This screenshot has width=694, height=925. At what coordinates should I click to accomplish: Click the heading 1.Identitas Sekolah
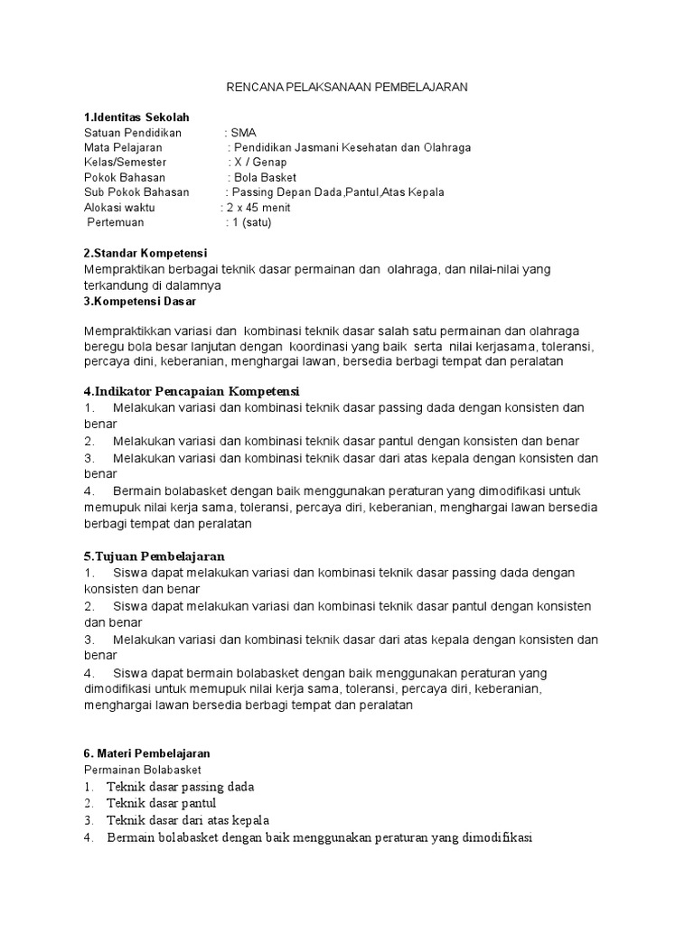tap(136, 117)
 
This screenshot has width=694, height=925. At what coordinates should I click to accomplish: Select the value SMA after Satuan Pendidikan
tap(244, 132)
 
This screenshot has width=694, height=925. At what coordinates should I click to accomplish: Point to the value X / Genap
tap(262, 163)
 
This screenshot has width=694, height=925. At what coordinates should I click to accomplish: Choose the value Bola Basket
tap(265, 177)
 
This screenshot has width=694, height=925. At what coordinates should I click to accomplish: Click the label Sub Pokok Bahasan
tap(136, 192)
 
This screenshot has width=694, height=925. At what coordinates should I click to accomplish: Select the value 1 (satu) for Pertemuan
tap(251, 222)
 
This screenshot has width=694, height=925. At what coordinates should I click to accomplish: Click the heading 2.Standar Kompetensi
tap(145, 254)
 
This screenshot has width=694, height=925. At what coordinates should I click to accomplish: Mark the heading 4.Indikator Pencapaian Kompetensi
tap(191, 391)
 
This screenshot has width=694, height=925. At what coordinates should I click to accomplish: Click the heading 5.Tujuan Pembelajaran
tap(154, 556)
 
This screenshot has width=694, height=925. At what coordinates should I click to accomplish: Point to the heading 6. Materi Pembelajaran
tap(146, 752)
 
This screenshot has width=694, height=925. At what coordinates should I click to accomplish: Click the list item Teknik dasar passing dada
tap(180, 787)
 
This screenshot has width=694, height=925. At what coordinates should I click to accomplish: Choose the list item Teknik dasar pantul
tap(161, 803)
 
